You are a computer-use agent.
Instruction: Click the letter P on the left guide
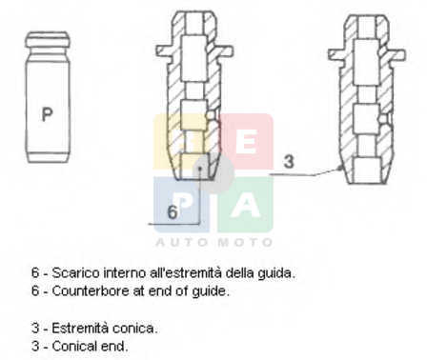[x=47, y=114]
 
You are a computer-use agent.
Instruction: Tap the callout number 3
[x=289, y=161]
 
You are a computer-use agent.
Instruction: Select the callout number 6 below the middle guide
[x=173, y=212]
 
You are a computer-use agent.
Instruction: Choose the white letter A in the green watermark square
[x=246, y=206]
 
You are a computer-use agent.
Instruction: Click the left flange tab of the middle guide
[x=165, y=51]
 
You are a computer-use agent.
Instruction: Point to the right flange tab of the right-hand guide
[x=397, y=54]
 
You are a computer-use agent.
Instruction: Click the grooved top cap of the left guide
[x=48, y=39]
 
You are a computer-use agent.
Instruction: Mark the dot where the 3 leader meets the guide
[x=341, y=167]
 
